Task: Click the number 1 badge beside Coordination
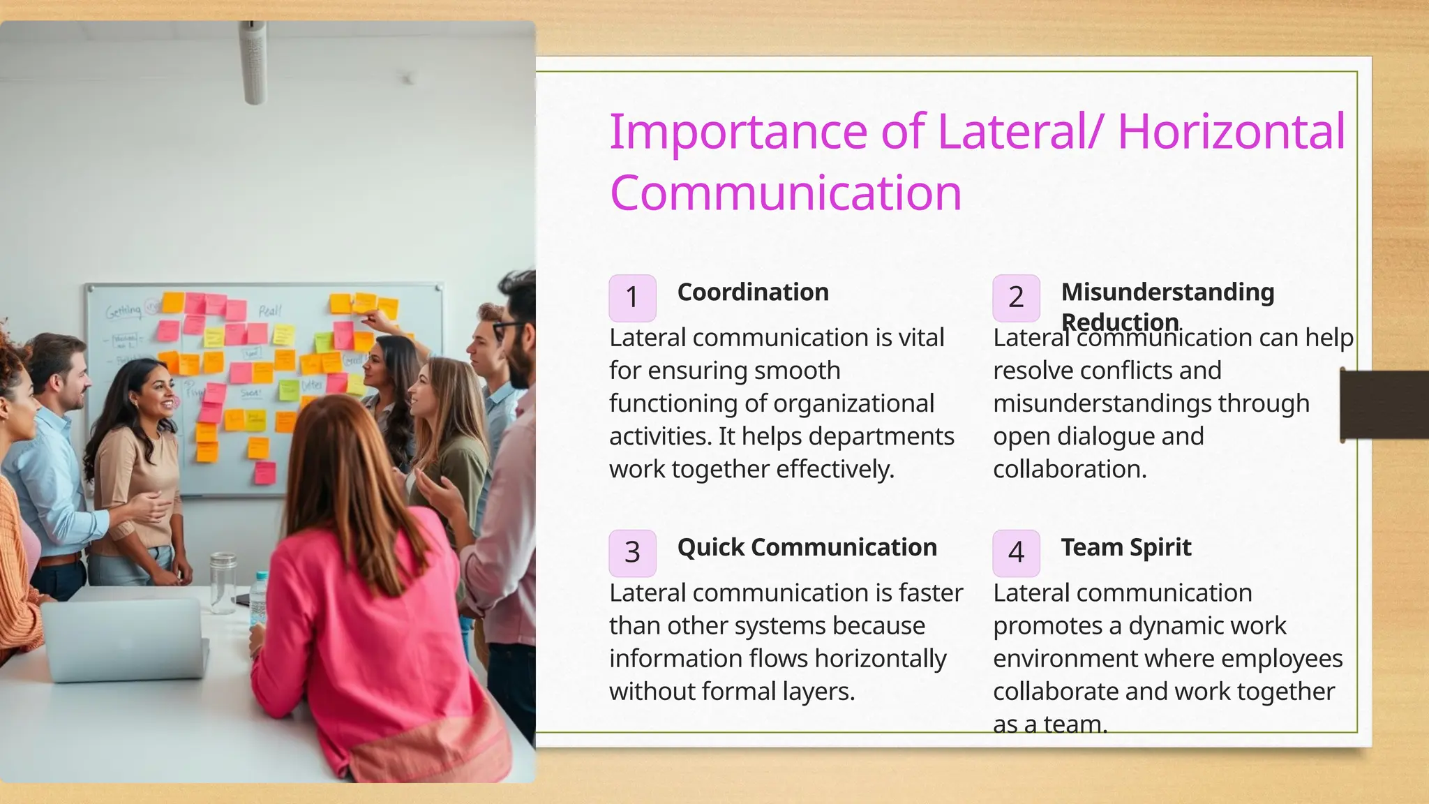click(632, 298)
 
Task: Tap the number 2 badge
click(1016, 298)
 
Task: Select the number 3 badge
click(632, 553)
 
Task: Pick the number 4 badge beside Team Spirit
click(1016, 553)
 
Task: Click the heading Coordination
click(753, 292)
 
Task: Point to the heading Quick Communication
click(807, 547)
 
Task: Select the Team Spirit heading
click(1125, 547)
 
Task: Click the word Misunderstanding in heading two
click(1167, 292)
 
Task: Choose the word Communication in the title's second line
click(785, 193)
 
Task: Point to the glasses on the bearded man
click(507, 327)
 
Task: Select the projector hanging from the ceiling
click(253, 63)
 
